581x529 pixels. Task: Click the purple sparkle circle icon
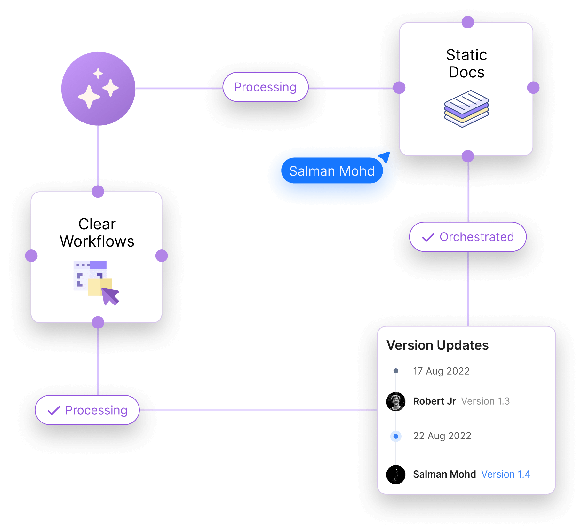(98, 89)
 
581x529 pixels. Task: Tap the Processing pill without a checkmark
(265, 87)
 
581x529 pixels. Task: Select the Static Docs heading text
(466, 63)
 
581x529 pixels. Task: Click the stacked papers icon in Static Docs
(466, 109)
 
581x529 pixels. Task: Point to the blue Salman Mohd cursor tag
(332, 171)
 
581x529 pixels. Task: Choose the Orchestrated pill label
(476, 237)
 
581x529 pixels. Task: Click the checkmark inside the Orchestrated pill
(428, 237)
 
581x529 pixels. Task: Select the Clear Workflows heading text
(97, 233)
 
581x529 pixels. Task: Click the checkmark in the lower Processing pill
(54, 410)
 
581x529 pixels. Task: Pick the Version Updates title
(437, 345)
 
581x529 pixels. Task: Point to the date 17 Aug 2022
(441, 371)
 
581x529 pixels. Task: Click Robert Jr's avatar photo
(396, 401)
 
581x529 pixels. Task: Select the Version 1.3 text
(485, 401)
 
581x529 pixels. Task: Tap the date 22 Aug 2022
(442, 436)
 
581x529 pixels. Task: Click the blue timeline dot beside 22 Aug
(396, 436)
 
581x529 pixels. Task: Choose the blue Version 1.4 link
(505, 474)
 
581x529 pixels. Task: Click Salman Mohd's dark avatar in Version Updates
(396, 475)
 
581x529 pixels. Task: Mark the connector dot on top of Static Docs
(468, 22)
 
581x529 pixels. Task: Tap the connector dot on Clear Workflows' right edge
(162, 256)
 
